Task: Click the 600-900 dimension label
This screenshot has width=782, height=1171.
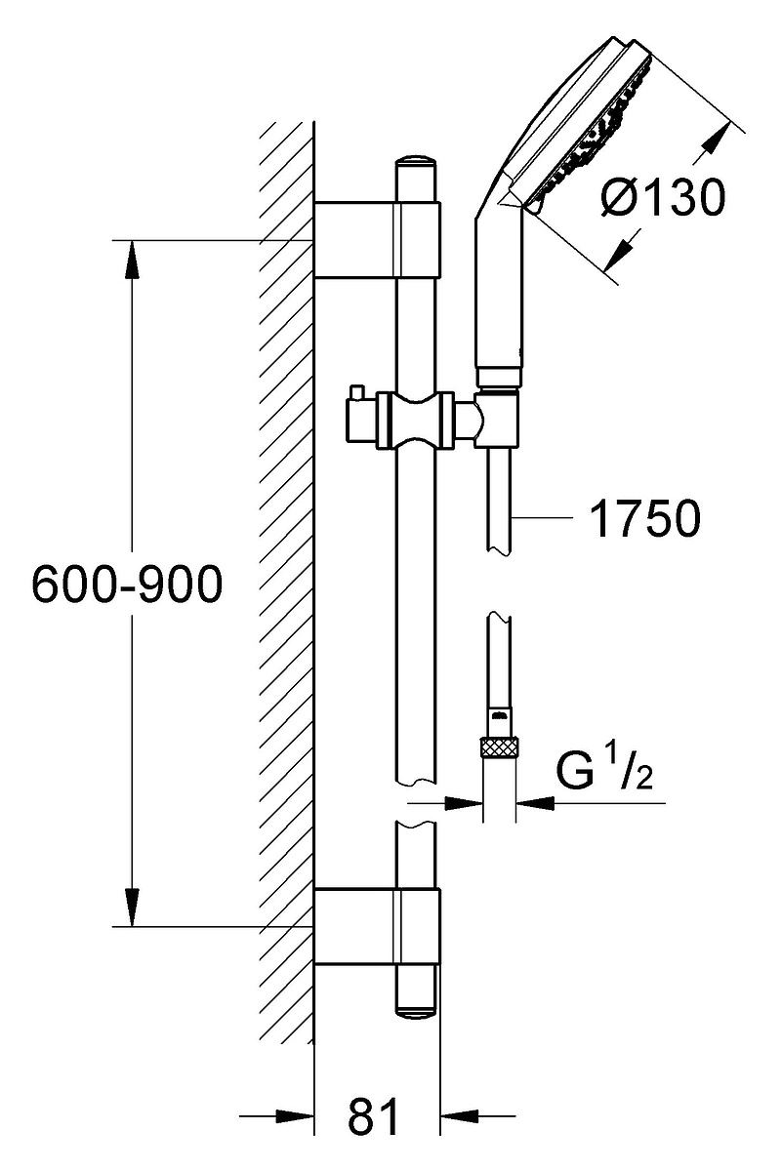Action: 128,584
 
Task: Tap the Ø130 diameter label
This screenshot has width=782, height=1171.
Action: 663,196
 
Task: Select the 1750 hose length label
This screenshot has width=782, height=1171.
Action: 645,518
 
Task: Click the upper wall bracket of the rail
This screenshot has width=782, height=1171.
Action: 377,239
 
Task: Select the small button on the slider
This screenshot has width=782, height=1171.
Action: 357,393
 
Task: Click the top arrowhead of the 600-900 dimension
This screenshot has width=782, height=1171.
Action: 132,262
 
